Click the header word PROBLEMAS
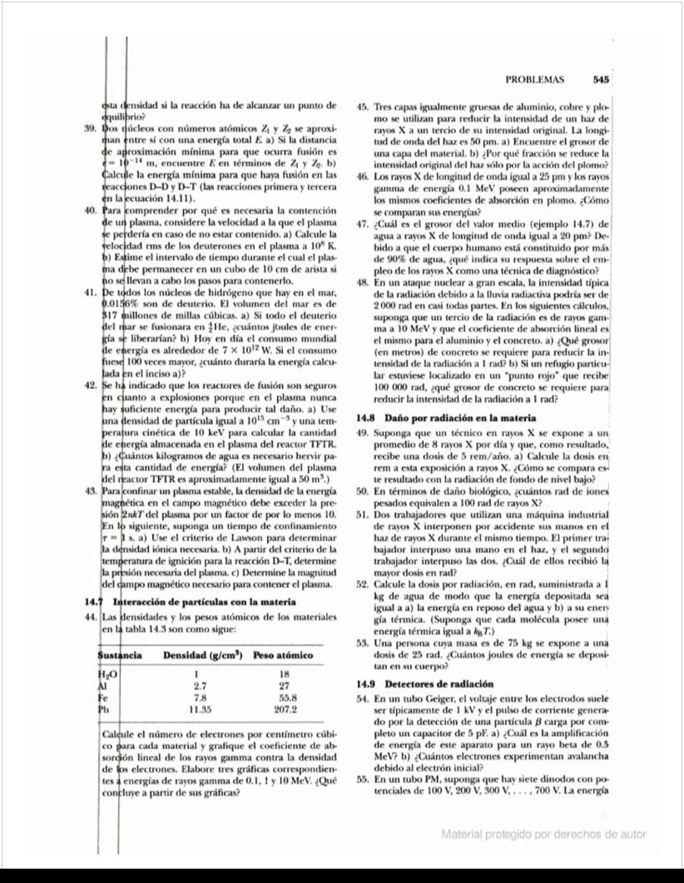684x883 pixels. pos(534,80)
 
